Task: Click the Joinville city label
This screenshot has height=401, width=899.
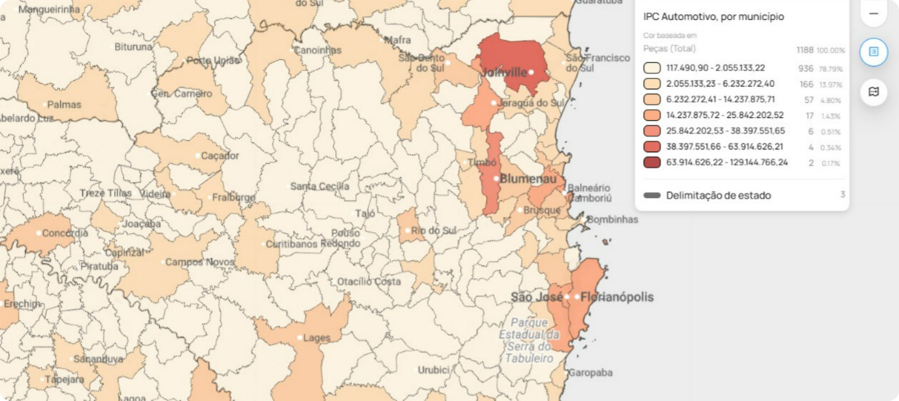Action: click(x=504, y=73)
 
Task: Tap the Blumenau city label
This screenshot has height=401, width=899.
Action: click(x=528, y=179)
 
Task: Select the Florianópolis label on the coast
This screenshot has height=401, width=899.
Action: click(x=617, y=297)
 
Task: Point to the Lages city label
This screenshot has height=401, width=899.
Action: click(x=317, y=338)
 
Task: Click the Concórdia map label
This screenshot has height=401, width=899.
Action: click(x=65, y=233)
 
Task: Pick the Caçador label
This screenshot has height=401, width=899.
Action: click(x=219, y=156)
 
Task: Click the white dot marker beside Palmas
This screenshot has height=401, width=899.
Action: click(x=44, y=105)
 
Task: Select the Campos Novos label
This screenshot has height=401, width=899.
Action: click(x=199, y=262)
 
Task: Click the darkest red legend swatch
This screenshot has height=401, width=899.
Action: click(x=652, y=162)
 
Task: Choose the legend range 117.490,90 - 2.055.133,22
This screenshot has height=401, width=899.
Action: click(x=715, y=68)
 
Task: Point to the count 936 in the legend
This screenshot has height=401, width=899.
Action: click(x=805, y=69)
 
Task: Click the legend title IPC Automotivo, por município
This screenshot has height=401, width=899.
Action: click(x=713, y=16)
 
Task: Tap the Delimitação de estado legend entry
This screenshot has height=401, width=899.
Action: click(x=718, y=195)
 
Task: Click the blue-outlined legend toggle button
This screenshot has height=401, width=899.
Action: click(x=873, y=52)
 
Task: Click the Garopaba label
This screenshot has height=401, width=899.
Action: click(x=590, y=372)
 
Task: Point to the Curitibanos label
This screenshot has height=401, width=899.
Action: click(x=291, y=244)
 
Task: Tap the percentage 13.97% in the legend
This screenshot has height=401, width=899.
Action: click(x=830, y=84)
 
